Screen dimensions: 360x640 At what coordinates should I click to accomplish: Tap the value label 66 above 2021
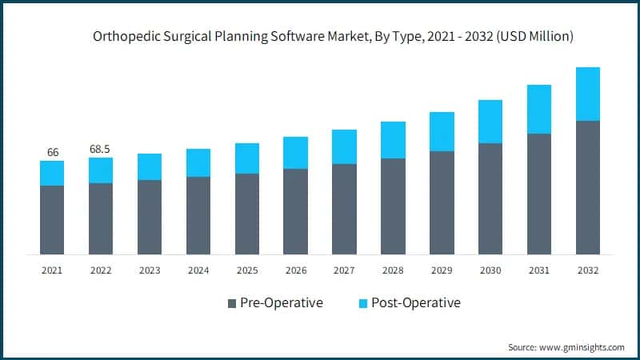(x=53, y=152)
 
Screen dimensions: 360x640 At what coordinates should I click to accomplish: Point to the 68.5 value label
(x=101, y=150)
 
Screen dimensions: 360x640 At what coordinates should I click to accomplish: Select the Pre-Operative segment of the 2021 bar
(x=52, y=220)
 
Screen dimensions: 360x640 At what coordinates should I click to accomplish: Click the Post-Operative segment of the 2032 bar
(x=587, y=94)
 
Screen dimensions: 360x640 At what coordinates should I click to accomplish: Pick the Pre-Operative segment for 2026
(x=295, y=211)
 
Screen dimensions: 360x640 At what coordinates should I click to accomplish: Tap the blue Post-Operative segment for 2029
(x=442, y=131)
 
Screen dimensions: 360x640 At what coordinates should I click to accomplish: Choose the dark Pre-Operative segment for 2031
(x=538, y=194)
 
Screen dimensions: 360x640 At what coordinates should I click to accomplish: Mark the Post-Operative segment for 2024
(x=198, y=162)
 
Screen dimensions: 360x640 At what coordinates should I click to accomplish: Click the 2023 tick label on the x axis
(x=150, y=270)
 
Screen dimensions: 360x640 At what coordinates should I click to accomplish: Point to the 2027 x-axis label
(x=344, y=270)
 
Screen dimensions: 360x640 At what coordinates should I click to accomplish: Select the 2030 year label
(x=490, y=270)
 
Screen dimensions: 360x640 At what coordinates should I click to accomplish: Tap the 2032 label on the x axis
(x=587, y=270)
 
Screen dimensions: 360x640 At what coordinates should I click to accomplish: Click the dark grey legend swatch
(x=232, y=303)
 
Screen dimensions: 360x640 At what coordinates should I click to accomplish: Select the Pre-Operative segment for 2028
(x=393, y=206)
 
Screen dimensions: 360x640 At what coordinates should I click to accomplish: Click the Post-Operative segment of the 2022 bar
(x=101, y=170)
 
